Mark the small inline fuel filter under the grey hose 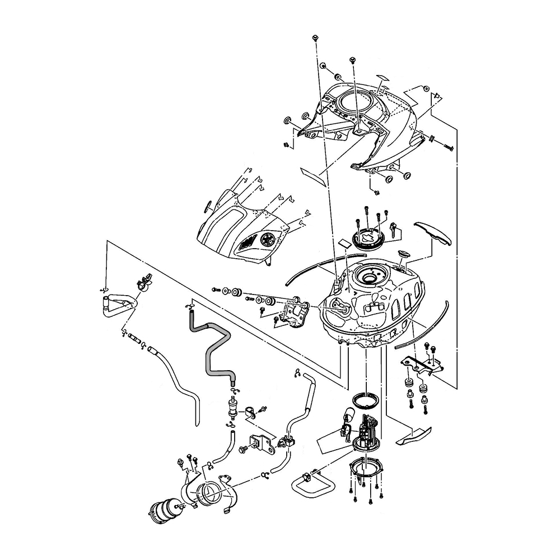tap(232, 407)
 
